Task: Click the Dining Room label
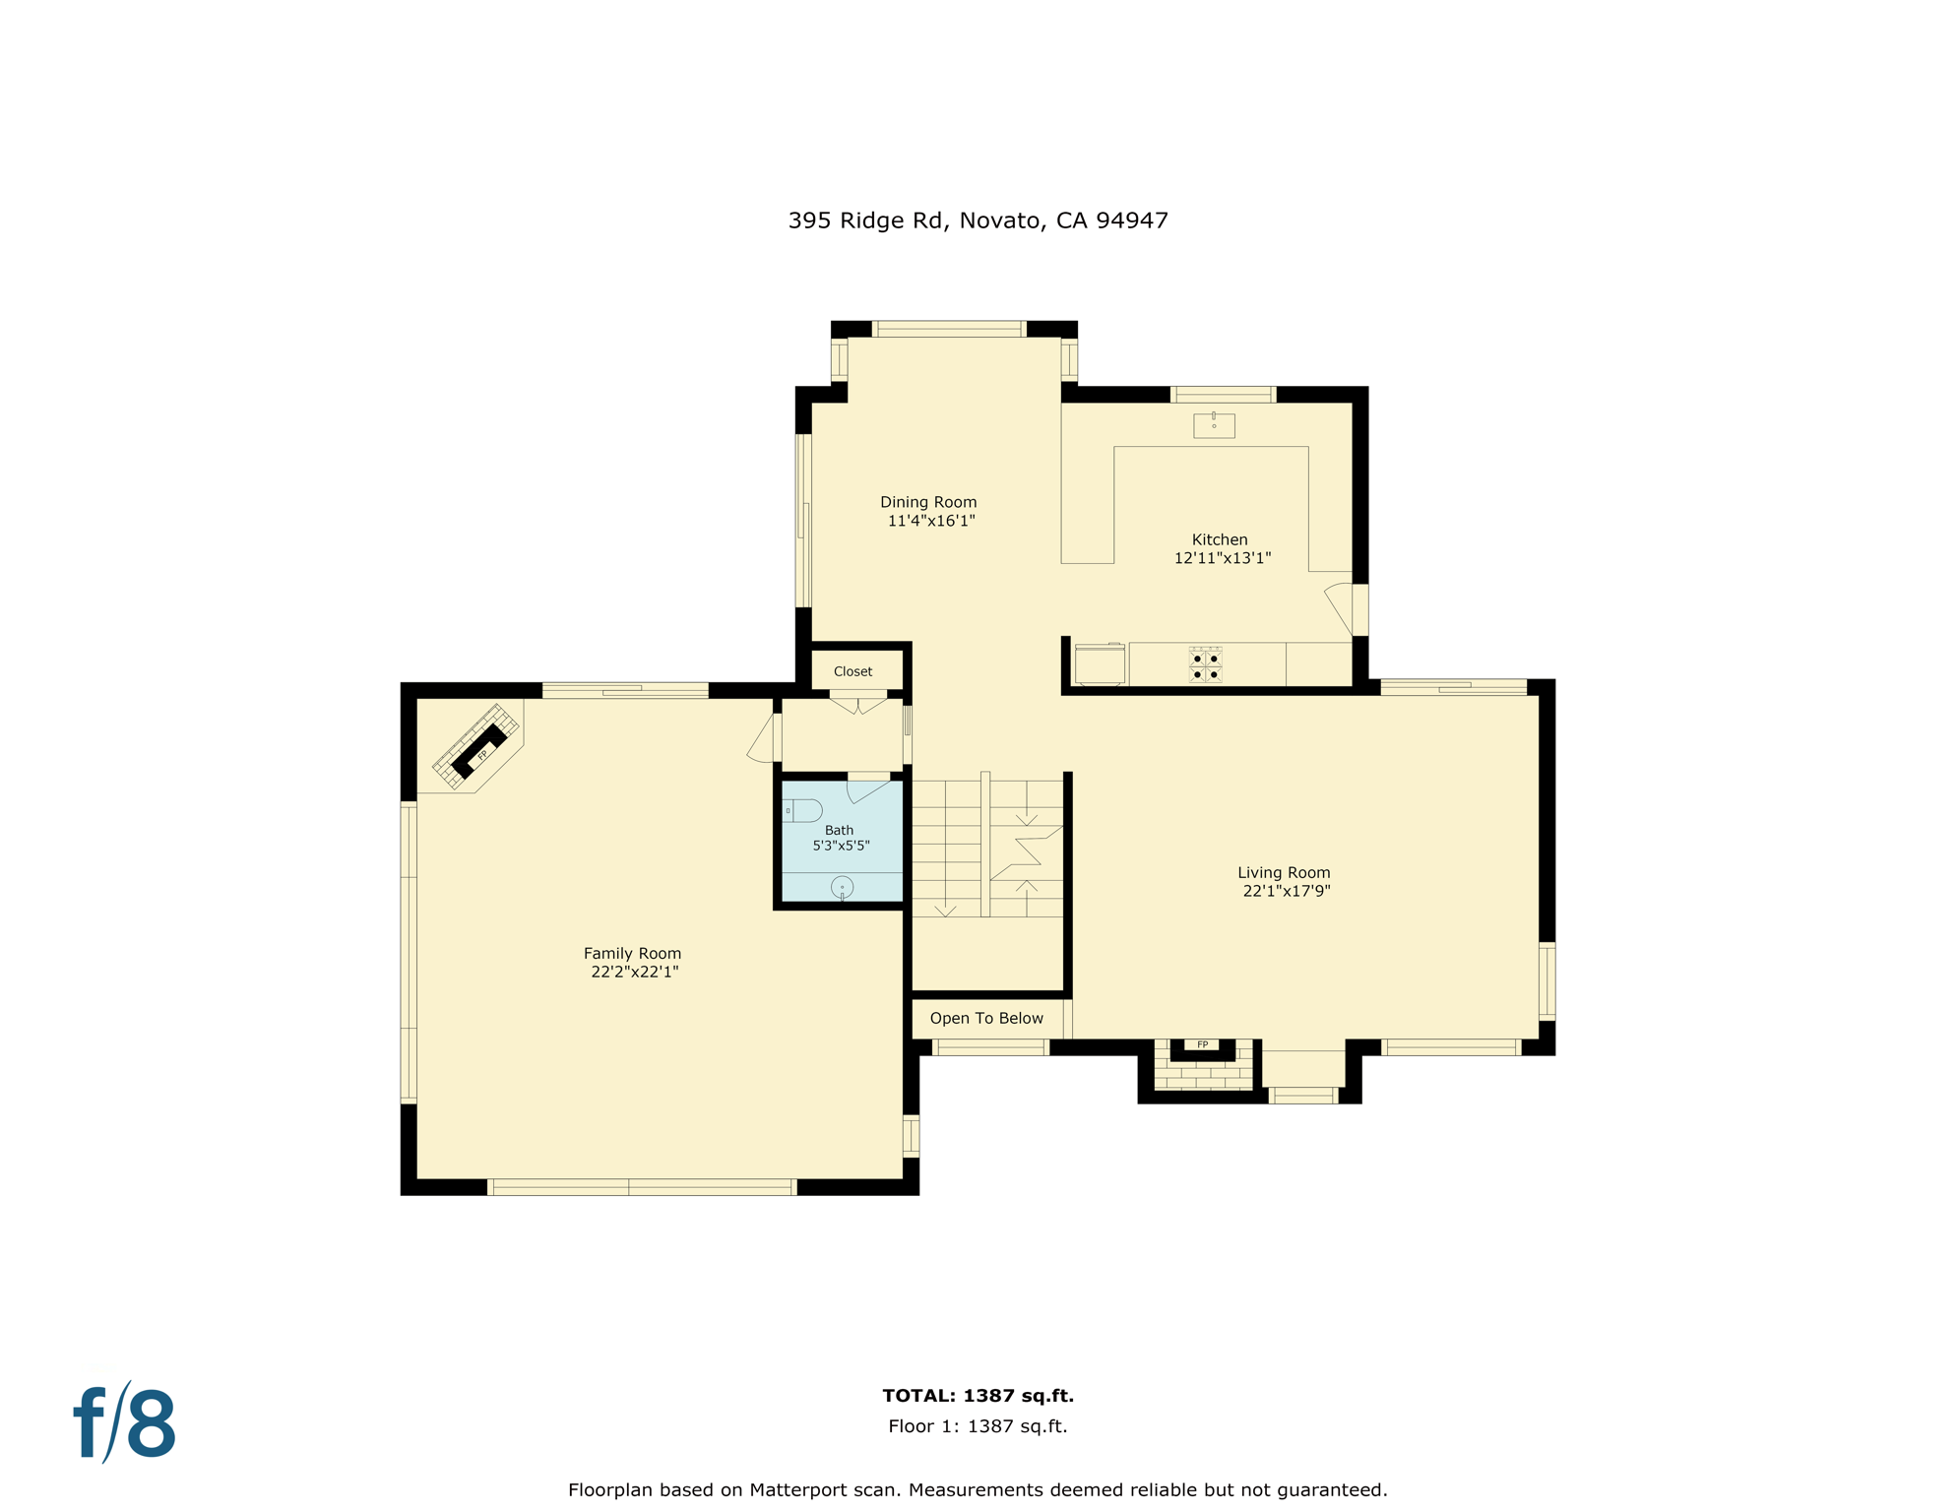[928, 502]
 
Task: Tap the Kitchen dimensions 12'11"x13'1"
[1222, 558]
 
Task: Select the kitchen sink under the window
[1214, 425]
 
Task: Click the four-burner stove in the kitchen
[1205, 665]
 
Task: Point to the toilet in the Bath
[803, 810]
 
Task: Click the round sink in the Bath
[842, 887]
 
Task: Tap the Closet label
[852, 671]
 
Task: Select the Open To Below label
[986, 1018]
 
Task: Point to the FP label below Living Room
[1202, 1044]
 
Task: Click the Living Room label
[1284, 872]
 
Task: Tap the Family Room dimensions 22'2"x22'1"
[634, 972]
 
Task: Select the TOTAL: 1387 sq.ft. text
[978, 1395]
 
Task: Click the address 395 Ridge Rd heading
[978, 220]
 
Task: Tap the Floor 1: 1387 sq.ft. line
[978, 1425]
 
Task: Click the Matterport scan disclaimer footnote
[978, 1489]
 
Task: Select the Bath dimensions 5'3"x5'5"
[841, 846]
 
